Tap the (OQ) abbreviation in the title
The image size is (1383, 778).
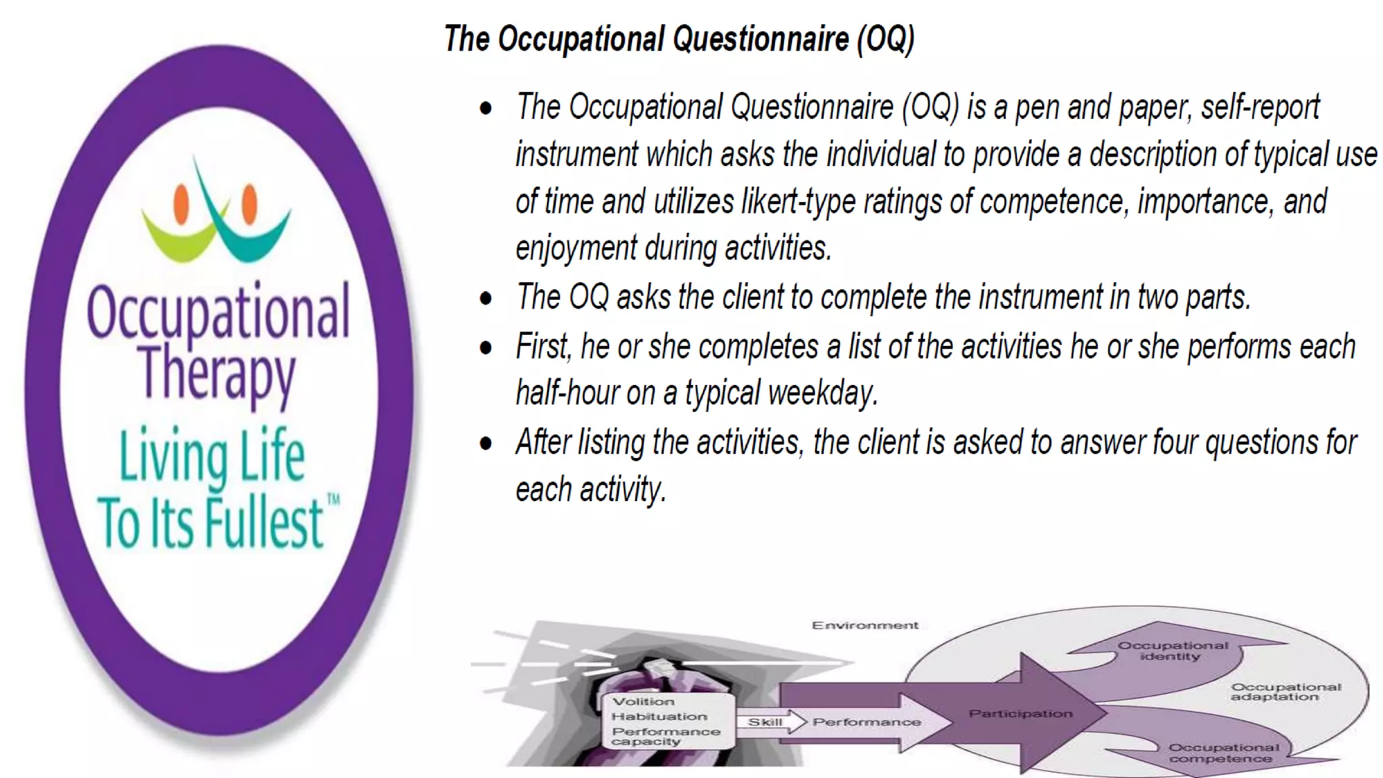(885, 38)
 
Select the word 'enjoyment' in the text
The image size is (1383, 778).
(576, 249)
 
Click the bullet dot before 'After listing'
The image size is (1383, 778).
(486, 444)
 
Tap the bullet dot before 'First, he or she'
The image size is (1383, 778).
(486, 348)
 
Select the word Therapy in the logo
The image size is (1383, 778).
(217, 373)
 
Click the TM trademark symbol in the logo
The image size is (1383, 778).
(334, 500)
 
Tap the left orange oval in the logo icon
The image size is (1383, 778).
(181, 204)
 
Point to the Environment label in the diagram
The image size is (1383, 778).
(864, 625)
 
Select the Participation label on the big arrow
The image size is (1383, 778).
(1020, 714)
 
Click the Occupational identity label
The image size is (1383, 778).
(1172, 650)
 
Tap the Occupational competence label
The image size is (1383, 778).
(1223, 753)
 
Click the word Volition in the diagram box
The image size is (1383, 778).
(643, 702)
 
